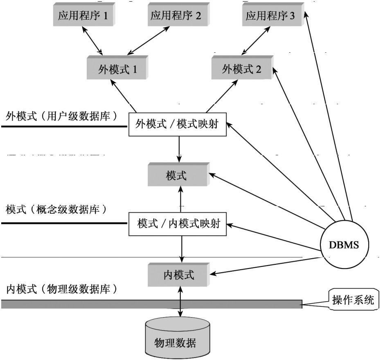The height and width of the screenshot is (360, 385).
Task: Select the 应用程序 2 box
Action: point(176,16)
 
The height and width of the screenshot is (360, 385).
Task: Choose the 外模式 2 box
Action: point(241,69)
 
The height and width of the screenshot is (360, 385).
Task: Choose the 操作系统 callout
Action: point(352,302)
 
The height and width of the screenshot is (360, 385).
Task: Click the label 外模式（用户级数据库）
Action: point(61,116)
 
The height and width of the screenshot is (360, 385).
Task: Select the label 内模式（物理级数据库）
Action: point(61,289)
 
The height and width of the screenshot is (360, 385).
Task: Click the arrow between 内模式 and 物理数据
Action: point(180,302)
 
